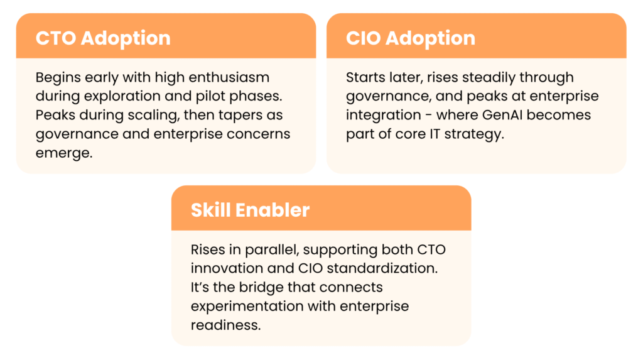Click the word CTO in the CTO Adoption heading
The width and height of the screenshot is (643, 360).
56,38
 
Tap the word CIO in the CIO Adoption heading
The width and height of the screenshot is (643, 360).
363,38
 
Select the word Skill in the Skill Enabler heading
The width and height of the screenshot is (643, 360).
210,210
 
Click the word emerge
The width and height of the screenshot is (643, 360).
64,153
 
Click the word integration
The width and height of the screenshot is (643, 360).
384,116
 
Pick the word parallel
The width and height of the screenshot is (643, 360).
273,250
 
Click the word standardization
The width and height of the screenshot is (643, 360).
382,268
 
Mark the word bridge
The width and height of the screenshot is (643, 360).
261,288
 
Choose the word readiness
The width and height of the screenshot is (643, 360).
225,325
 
